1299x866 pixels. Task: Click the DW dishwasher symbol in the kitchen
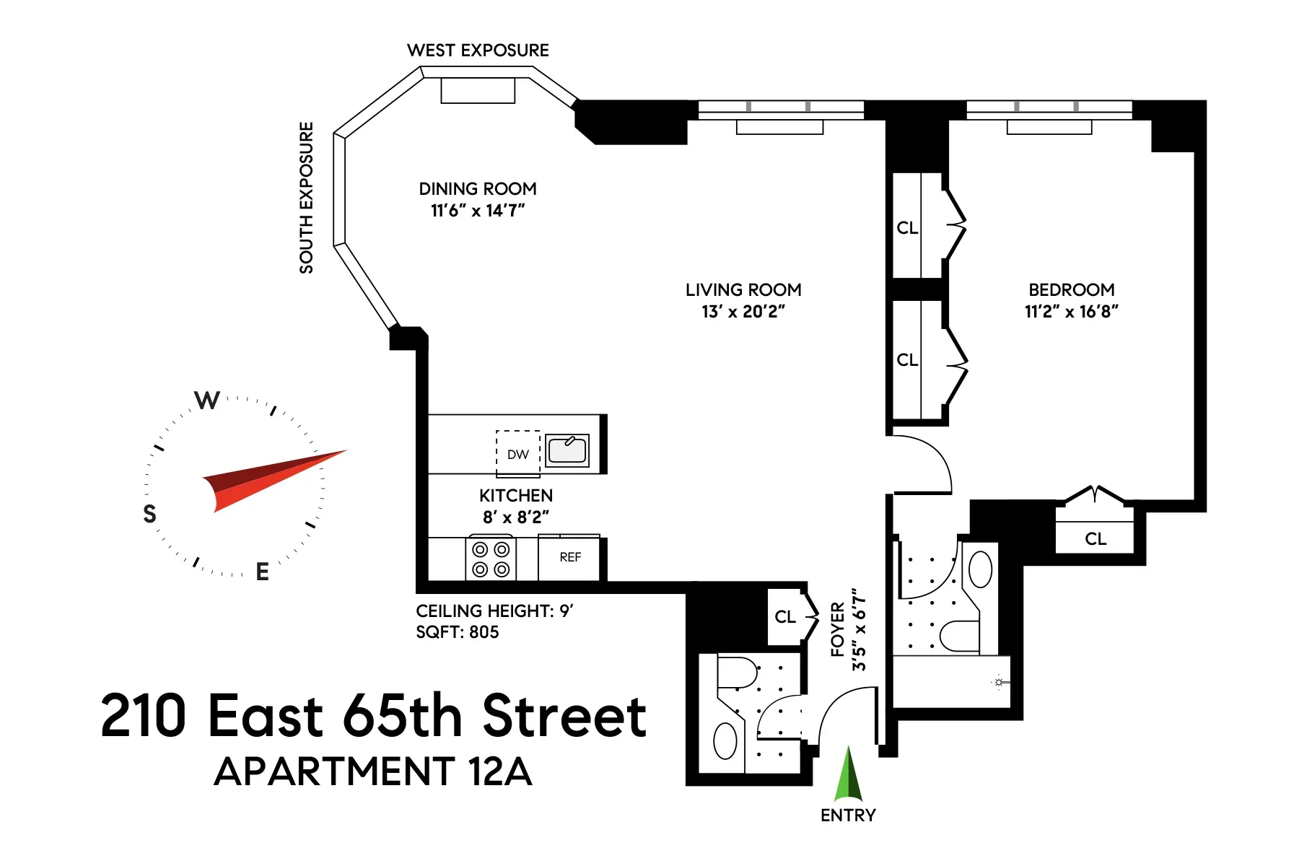pyautogui.click(x=518, y=454)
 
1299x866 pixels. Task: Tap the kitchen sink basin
pyautogui.click(x=567, y=450)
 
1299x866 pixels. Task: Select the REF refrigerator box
pyautogui.click(x=569, y=557)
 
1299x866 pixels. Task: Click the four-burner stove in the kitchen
pyautogui.click(x=491, y=559)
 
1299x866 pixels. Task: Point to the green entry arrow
pyautogui.click(x=849, y=776)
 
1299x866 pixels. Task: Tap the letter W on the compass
pyautogui.click(x=207, y=400)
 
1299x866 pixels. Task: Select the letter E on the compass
pyautogui.click(x=262, y=572)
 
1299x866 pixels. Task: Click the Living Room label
pyautogui.click(x=743, y=290)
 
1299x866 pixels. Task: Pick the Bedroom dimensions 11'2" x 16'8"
pyautogui.click(x=1071, y=312)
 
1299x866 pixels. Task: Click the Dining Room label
pyautogui.click(x=478, y=189)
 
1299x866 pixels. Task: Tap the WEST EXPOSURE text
pyautogui.click(x=478, y=51)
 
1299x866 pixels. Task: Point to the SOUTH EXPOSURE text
pyautogui.click(x=307, y=198)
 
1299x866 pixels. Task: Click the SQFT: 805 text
pyautogui.click(x=458, y=632)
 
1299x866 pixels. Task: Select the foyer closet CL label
pyautogui.click(x=785, y=617)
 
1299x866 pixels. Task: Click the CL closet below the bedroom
pyautogui.click(x=1095, y=539)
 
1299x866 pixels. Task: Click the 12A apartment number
pyautogui.click(x=499, y=771)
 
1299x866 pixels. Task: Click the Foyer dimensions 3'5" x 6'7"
pyautogui.click(x=859, y=629)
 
